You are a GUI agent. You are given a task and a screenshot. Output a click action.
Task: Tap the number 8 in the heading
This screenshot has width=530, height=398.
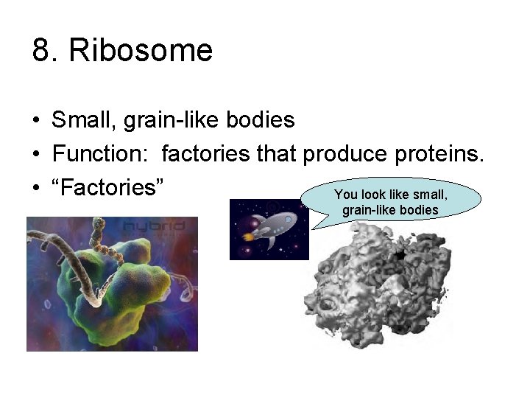41,52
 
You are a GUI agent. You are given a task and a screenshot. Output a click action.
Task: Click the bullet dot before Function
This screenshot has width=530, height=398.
35,154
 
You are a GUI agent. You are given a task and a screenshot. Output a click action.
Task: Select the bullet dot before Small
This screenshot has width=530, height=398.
35,120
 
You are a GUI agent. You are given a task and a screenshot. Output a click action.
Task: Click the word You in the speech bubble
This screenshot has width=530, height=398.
346,195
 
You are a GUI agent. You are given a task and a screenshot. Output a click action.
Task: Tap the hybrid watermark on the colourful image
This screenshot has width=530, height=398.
155,226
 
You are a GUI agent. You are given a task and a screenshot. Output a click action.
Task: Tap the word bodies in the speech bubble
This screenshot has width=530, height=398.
420,211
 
